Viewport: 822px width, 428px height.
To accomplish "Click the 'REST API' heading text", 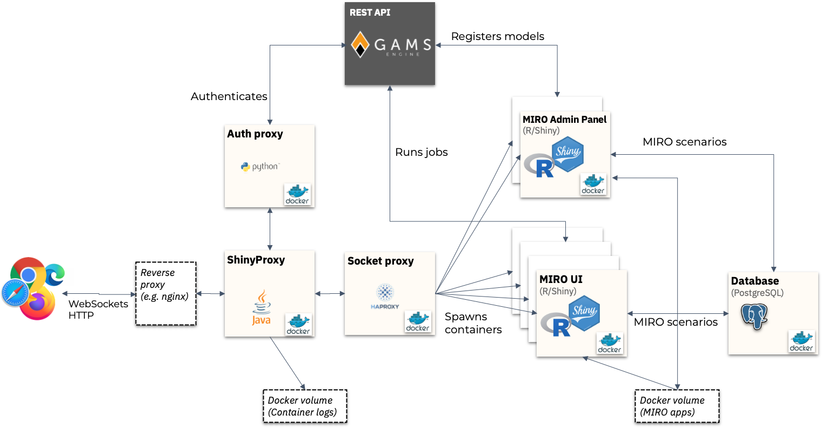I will pos(370,12).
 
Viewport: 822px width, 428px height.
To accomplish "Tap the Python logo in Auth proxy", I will pos(260,167).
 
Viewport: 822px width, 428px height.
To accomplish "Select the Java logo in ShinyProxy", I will pos(262,308).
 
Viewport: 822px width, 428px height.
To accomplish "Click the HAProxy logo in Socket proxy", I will pos(385,296).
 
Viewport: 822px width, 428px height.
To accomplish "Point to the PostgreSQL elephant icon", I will pos(754,316).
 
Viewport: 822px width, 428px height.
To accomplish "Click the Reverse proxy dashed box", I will pos(165,293).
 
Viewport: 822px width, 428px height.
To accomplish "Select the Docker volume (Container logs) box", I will pos(304,406).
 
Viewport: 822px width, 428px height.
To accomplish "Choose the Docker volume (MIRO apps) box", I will pos(677,406).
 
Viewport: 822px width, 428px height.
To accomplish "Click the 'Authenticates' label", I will pos(229,96).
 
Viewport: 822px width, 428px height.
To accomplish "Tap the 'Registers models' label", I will pos(497,36).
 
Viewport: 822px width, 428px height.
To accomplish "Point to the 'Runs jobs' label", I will pos(422,152).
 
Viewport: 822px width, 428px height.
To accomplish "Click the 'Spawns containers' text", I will pos(473,323).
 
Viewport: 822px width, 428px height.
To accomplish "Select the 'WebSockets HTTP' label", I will pos(98,310).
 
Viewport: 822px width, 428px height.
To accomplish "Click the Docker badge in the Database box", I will pos(801,341).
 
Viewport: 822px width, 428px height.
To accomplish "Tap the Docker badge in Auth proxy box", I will pos(297,194).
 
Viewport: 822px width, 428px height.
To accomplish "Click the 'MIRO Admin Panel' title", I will pos(564,120).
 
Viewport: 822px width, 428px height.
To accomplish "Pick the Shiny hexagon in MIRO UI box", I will pos(584,313).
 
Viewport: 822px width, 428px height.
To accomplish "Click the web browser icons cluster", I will pos(34,288).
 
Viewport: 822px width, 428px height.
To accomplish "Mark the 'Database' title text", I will pos(754,281).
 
